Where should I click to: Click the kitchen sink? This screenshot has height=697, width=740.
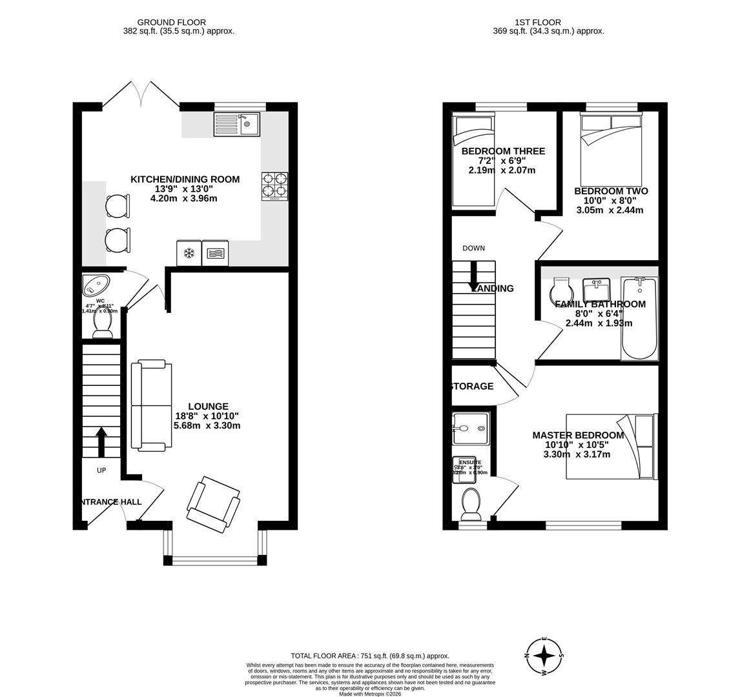pos(236,124)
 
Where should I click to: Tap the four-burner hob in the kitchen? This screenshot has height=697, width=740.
pos(274,186)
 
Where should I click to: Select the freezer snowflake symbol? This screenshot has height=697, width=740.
pos(189,254)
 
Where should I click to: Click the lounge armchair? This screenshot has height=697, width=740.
pos(213,504)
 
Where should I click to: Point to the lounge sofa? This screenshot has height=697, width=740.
pos(151,405)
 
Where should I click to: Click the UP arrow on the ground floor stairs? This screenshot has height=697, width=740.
pos(101,441)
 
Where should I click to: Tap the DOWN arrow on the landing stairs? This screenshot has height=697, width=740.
pos(473,276)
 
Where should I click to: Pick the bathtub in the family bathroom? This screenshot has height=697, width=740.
pos(639,318)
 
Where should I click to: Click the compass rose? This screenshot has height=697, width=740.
pos(544,656)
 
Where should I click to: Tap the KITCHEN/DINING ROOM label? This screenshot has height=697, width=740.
pos(185,179)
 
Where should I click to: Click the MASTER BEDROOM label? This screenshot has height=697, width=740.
pos(578,436)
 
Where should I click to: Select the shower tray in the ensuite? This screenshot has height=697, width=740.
pos(471,429)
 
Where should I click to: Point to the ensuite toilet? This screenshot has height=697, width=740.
pos(471,503)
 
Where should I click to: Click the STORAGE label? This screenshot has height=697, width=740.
pos(472,387)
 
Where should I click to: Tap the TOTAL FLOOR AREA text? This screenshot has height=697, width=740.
pos(369,656)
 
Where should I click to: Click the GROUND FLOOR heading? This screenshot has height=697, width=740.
pos(171,23)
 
